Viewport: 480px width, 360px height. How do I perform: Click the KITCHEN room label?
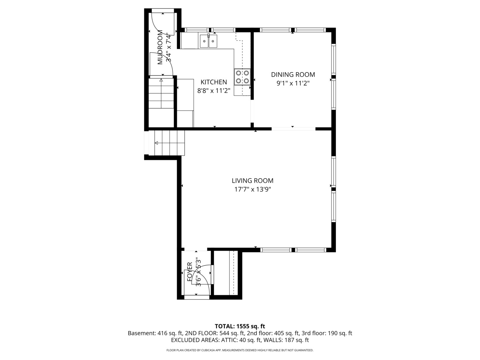point(214,82)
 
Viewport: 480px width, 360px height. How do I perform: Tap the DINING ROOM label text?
point(293,75)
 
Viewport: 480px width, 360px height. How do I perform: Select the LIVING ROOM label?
point(253,181)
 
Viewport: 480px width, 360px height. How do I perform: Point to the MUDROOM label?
point(160,47)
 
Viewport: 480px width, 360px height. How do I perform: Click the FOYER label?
point(190,272)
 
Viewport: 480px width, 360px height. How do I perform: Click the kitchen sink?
point(208,41)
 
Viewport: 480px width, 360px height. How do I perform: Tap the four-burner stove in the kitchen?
point(242,77)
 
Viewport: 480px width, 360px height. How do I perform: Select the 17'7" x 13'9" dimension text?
point(253,189)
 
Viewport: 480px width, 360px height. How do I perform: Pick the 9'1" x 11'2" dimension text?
point(293,83)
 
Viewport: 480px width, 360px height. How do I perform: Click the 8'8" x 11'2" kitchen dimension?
point(214,91)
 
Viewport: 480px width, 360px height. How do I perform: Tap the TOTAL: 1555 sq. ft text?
point(240,326)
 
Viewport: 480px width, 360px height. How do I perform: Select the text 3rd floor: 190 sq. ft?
point(327,333)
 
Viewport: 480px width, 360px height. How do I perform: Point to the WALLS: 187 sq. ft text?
point(286,340)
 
